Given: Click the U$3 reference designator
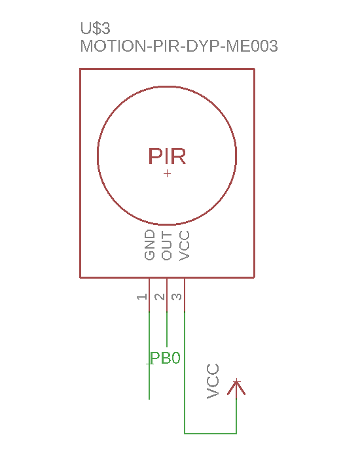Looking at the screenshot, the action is (x=95, y=28).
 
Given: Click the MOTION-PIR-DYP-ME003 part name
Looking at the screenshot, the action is (x=179, y=46).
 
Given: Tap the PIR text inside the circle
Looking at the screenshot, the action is (x=167, y=156).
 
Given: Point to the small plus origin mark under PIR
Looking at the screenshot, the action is (x=168, y=173).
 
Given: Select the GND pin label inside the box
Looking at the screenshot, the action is (x=150, y=245).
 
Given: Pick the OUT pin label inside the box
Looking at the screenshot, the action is (x=167, y=246).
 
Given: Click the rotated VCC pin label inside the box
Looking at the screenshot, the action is (x=185, y=246).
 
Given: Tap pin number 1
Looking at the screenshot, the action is (x=142, y=297).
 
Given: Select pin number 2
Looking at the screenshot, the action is (x=160, y=297).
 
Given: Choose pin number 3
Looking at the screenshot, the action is (x=177, y=297).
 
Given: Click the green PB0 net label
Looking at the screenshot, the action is (x=166, y=358).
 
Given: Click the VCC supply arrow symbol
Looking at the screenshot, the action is (x=236, y=389).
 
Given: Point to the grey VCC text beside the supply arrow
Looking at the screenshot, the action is (x=213, y=381).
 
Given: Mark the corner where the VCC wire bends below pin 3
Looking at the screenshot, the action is (x=185, y=433).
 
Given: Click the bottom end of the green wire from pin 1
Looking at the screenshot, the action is (x=149, y=399).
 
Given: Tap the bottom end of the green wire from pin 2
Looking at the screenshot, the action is (x=167, y=347).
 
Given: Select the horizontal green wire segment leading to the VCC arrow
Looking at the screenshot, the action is (x=210, y=433).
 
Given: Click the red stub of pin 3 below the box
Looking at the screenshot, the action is (x=185, y=295).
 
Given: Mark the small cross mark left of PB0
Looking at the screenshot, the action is (x=150, y=364).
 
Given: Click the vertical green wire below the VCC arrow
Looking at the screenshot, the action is (x=236, y=416).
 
